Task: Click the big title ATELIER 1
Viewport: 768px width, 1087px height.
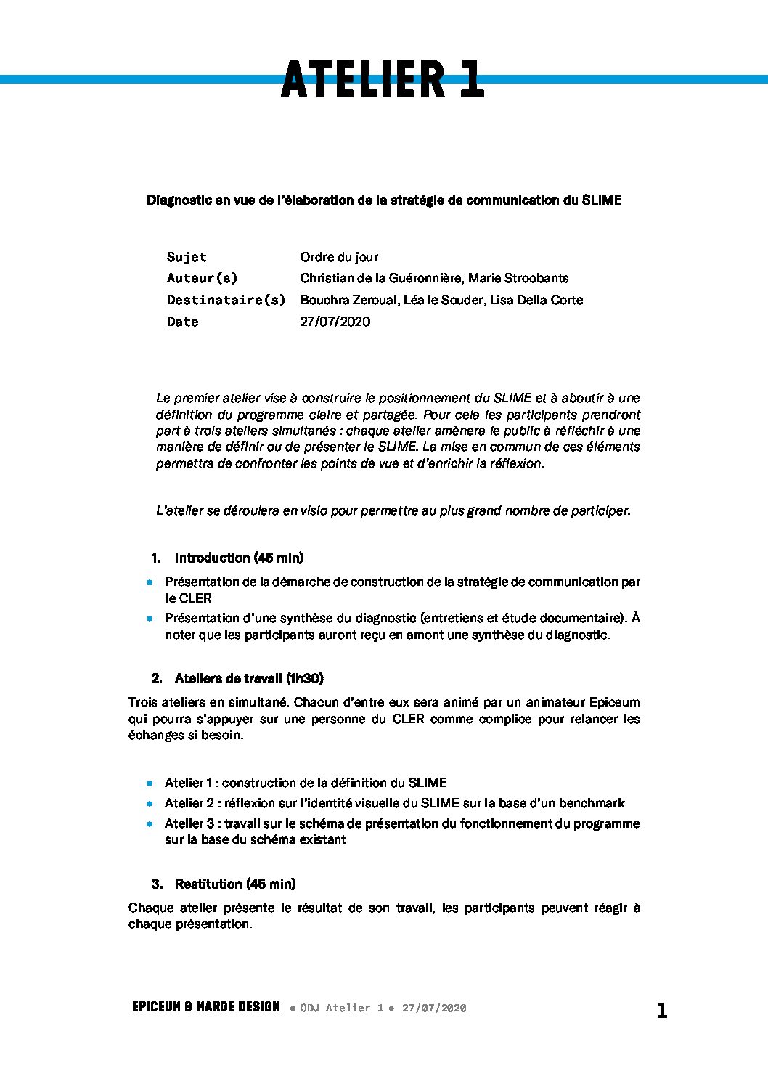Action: tap(383, 79)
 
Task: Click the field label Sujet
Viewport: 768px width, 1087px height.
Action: tap(187, 257)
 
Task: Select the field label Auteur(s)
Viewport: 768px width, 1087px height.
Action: tap(202, 278)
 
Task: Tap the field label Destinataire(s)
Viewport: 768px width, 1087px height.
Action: tap(226, 300)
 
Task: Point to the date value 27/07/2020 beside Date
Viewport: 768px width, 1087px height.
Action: tap(335, 322)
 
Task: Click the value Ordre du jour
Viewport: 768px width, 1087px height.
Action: tap(339, 257)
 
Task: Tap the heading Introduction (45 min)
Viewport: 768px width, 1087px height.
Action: tap(239, 558)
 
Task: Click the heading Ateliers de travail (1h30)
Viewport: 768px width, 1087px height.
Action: tap(249, 678)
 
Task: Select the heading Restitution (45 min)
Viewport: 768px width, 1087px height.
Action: tap(235, 884)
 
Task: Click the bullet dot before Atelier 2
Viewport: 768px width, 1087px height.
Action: tap(150, 804)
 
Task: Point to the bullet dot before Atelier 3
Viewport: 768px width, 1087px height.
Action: tap(150, 824)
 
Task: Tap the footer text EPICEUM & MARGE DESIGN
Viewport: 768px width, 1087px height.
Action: tap(206, 1007)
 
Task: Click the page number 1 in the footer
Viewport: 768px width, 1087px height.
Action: tap(661, 1010)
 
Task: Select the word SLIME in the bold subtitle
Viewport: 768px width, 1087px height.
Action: tap(602, 200)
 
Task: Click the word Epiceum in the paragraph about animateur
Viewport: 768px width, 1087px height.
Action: tap(614, 702)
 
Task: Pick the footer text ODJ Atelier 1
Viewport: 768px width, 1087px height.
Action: tap(341, 1008)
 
